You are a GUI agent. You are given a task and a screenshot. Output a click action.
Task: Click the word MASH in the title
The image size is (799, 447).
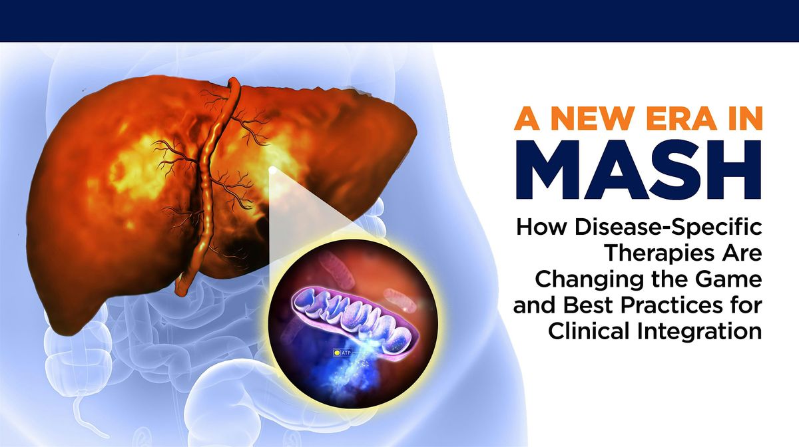click(x=639, y=170)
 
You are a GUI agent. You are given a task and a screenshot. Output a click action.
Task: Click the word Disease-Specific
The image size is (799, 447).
click(x=668, y=228)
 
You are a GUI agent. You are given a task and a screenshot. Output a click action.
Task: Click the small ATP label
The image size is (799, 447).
click(x=346, y=353)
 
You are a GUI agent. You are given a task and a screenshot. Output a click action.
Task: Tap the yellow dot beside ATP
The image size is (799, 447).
click(x=337, y=353)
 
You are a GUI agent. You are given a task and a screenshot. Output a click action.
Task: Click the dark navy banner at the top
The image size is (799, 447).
click(x=400, y=21)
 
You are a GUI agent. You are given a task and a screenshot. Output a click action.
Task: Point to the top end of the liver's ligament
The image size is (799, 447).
click(x=233, y=81)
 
